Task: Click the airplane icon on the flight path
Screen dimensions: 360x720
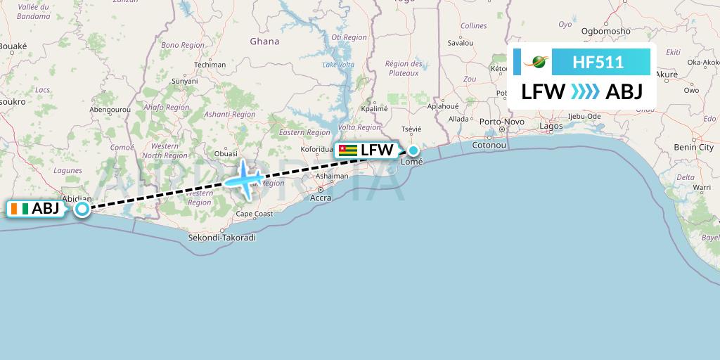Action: (245, 179)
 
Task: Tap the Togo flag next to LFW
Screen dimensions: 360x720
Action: (347, 150)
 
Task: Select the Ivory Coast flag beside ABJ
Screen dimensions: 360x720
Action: (20, 209)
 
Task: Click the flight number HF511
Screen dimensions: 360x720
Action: (598, 63)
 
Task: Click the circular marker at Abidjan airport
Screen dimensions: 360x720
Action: (82, 209)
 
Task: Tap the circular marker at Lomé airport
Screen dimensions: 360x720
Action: (413, 150)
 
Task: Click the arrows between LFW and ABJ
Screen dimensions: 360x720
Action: (585, 92)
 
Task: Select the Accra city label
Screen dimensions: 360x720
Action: (321, 198)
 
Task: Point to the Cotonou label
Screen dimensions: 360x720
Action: (489, 145)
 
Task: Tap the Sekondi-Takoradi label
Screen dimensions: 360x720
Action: (222, 238)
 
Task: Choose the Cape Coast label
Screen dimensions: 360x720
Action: (254, 214)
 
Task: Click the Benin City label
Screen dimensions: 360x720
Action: (693, 148)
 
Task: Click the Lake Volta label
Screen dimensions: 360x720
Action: (338, 65)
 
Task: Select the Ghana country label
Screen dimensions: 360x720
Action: (264, 41)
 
